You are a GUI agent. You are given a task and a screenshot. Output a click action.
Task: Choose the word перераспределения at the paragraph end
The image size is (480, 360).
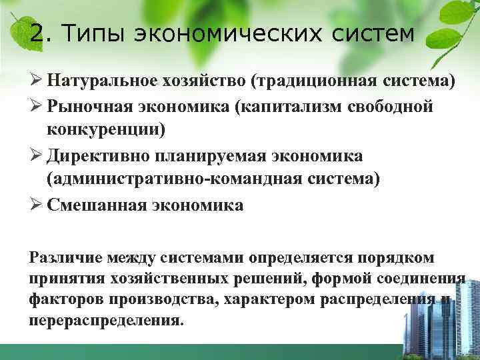[104, 319]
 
